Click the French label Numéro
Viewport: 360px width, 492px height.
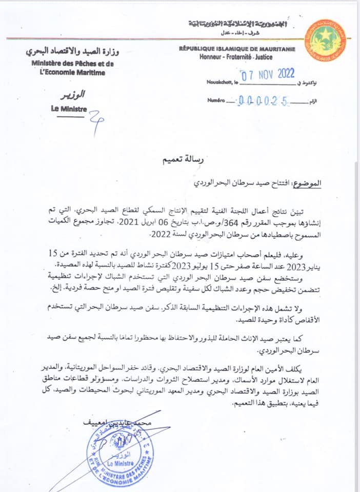(x=216, y=101)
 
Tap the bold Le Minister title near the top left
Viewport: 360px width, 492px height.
(x=69, y=109)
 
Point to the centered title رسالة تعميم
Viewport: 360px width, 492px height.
(x=179, y=161)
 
